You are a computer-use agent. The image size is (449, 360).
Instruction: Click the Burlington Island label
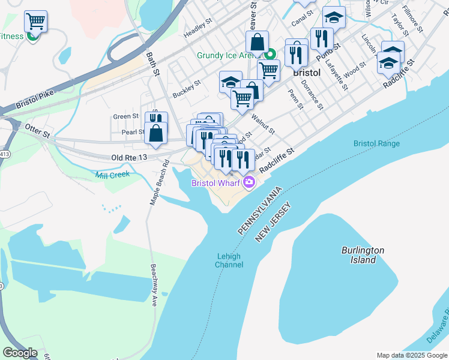coord(363,255)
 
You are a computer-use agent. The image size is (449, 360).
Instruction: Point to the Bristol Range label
coord(376,144)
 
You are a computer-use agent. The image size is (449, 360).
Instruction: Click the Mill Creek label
coord(112,175)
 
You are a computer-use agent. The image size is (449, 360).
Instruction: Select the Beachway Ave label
coord(154,286)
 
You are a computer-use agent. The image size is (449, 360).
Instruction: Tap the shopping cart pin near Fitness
coord(35,23)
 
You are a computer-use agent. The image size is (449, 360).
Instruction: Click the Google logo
coord(20,353)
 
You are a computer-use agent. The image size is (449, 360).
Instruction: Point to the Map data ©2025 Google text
coord(411,355)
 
